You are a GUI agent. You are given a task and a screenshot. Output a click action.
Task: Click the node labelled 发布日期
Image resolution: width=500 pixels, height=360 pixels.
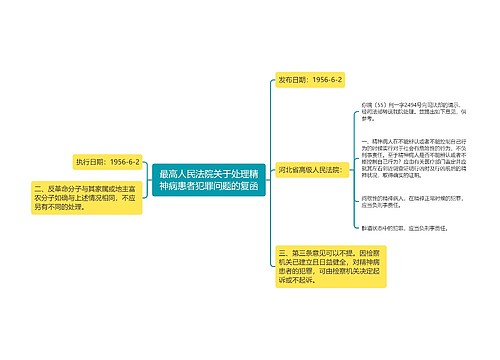point(310,79)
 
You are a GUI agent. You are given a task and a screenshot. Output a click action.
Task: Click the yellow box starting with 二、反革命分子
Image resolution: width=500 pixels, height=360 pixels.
point(83,197)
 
